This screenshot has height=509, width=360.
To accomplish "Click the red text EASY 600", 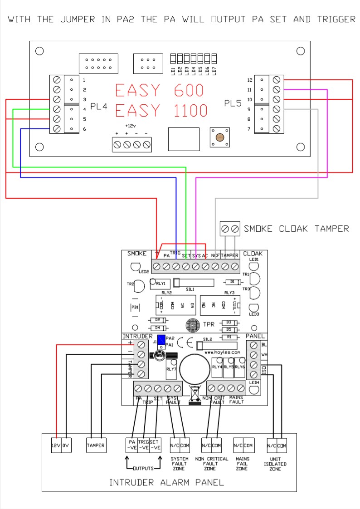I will pos(159,90).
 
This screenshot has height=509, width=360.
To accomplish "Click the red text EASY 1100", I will pos(161,110).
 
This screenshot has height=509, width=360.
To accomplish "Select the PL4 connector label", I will pos(99,107).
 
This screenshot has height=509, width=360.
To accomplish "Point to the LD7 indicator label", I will pos(214,70).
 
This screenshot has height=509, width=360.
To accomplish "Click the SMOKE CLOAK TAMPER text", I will pos(297,228).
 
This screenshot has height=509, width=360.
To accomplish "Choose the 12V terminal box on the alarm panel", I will pos(56,445).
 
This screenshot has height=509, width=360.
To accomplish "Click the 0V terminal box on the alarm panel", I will pos(67,445).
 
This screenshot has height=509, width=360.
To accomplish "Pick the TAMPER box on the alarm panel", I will pos(96,445).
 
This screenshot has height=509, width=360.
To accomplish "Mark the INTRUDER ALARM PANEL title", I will pos(166,482).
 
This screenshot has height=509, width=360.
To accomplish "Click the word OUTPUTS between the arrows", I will pos(143,468).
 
